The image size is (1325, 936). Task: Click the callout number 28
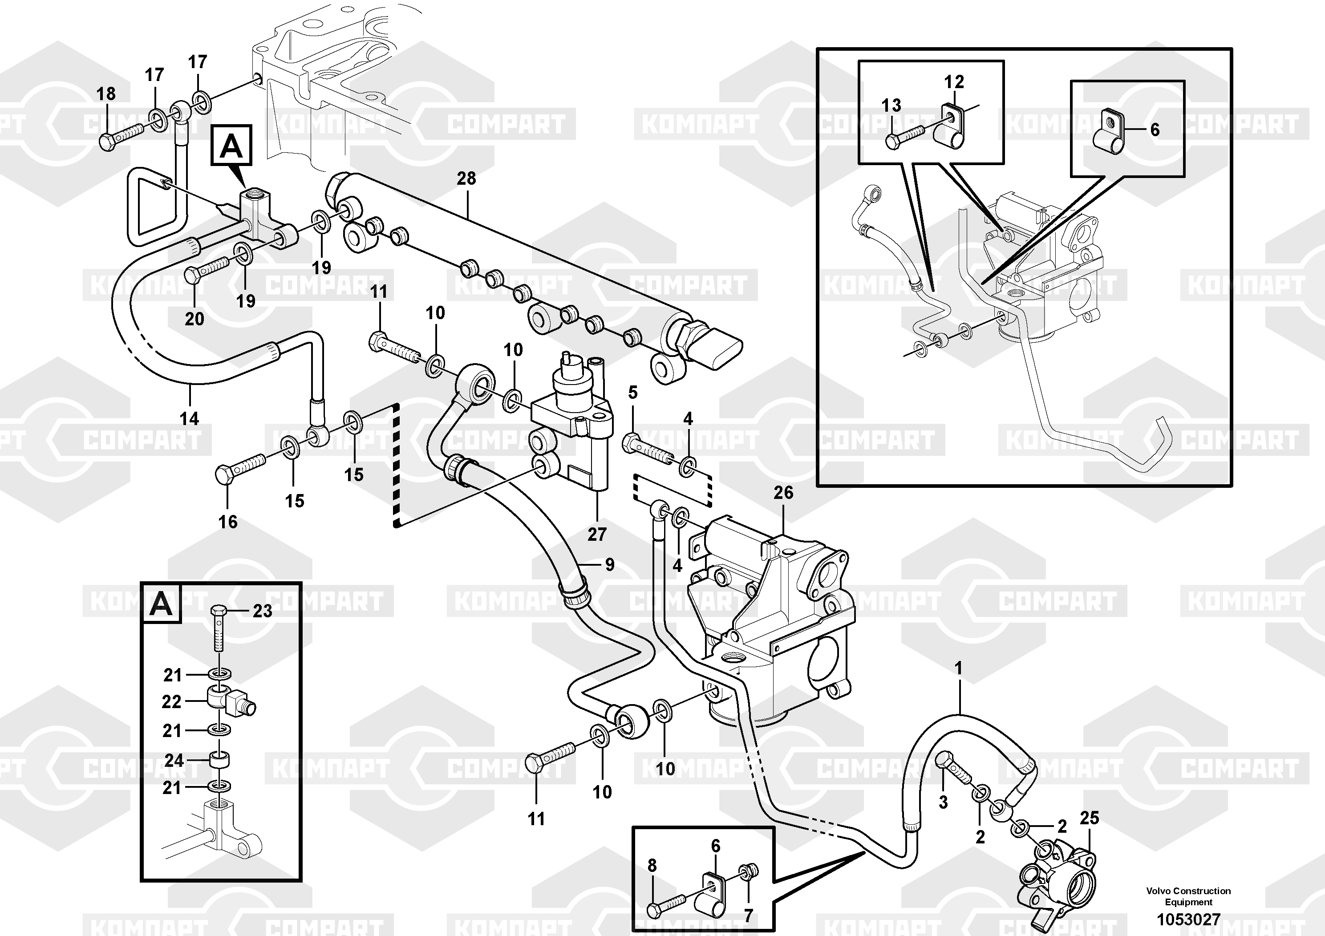(466, 178)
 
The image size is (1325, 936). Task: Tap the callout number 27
(597, 535)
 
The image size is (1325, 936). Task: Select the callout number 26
(783, 493)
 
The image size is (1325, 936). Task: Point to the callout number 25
(1090, 818)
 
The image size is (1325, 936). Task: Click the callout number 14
(189, 418)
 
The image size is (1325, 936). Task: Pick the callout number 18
(105, 93)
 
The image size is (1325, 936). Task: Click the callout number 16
(227, 522)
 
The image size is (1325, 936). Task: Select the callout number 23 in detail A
(263, 611)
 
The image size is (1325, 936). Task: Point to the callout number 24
(174, 761)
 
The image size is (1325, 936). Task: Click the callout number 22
(171, 702)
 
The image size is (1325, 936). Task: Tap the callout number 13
(891, 105)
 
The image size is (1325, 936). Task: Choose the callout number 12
(954, 82)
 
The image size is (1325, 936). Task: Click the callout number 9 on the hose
(610, 565)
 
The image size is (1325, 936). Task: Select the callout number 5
(633, 393)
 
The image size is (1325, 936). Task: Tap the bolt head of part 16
(223, 475)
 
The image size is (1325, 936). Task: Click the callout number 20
(194, 319)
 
